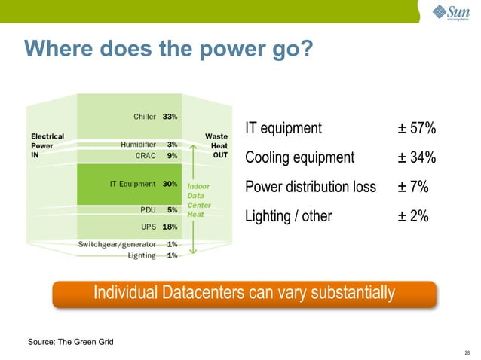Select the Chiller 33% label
point(155,117)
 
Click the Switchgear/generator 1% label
point(127,244)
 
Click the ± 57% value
point(417,129)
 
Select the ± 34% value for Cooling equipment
point(417,158)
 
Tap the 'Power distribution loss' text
point(311,188)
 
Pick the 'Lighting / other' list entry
point(288,217)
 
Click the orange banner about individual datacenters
point(244,293)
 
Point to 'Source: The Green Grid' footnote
point(71,343)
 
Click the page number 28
point(467,352)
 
